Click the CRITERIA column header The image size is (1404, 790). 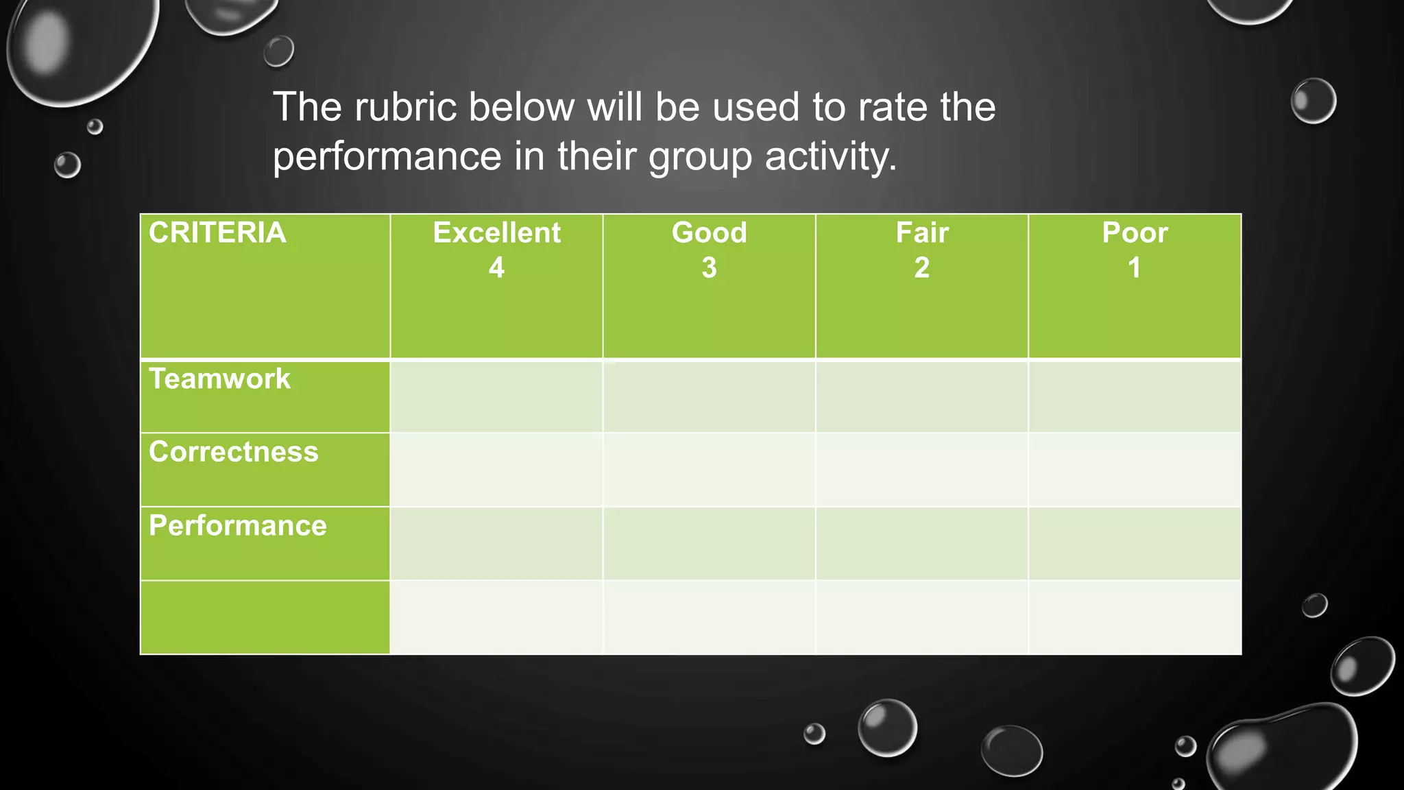coord(217,233)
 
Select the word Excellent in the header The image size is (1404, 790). coord(496,233)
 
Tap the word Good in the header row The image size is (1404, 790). coord(709,233)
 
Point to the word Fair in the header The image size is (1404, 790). coord(922,233)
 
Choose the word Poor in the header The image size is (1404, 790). coord(1135,233)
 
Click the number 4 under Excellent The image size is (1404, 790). coord(496,267)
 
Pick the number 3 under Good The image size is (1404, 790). coord(709,267)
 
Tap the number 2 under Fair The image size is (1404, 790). coord(922,267)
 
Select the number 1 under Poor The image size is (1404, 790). coord(1135,267)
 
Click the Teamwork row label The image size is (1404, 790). coord(219,379)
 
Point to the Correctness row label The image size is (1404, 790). coord(233,452)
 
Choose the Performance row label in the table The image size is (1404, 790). coord(237,526)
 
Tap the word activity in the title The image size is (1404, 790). coord(830,156)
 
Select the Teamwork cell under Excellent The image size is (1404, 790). coord(496,396)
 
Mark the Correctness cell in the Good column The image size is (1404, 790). coord(709,470)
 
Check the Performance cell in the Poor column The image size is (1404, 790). coord(1135,543)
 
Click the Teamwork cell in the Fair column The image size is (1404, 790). coord(922,396)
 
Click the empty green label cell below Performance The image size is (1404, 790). coord(265,617)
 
